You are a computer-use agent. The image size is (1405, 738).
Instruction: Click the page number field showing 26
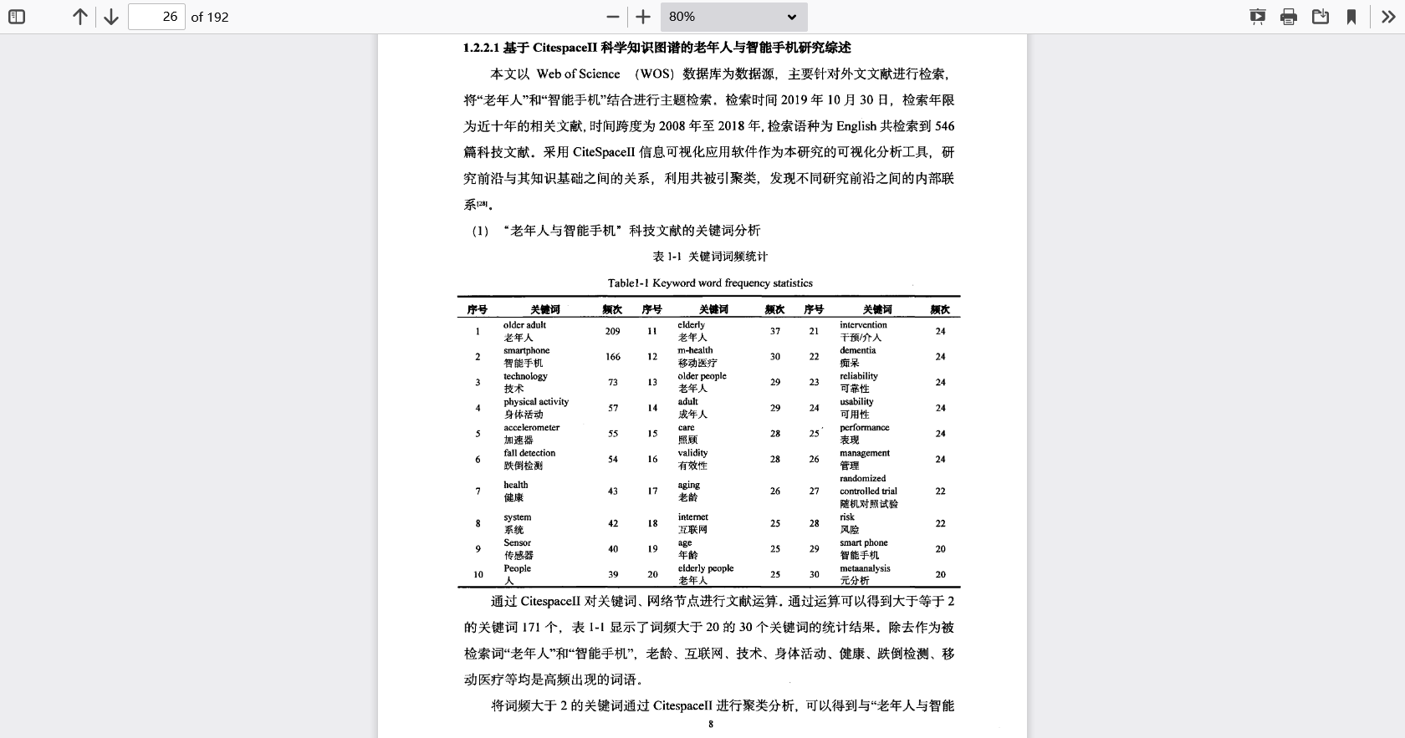156,17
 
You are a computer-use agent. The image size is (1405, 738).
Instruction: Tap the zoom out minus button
613,17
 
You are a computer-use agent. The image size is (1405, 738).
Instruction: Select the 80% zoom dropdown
733,17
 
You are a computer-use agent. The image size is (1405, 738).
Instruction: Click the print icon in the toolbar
1289,17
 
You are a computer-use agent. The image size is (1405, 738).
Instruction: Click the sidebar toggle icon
17,17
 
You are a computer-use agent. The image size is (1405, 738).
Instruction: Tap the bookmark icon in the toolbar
1351,17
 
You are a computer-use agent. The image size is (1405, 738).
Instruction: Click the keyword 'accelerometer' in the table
531,427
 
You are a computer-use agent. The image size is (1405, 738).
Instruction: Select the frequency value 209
612,331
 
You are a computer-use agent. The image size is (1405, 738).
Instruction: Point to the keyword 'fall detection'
529,453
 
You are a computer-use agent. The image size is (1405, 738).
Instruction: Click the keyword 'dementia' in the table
857,350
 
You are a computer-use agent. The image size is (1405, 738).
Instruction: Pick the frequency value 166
612,357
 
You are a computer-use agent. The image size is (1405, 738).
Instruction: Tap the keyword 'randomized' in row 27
862,479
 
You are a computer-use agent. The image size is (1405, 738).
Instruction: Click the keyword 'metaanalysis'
865,568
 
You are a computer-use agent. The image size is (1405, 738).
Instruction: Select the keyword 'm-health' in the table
695,350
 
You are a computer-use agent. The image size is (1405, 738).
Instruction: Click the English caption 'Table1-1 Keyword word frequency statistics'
710,282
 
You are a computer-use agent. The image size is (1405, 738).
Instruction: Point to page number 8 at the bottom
711,724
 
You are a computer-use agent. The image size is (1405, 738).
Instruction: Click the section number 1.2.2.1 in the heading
481,48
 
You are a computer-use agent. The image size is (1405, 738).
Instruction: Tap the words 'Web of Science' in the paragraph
578,74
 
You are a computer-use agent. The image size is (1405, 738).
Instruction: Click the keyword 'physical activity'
535,402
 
